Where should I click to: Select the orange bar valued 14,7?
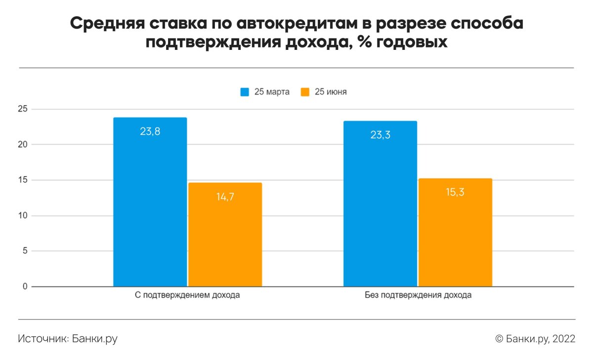225,235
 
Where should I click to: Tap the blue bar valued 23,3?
380,203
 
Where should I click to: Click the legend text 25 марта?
272,92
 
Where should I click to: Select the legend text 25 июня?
331,92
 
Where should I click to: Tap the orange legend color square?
305,92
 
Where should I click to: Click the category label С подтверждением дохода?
188,296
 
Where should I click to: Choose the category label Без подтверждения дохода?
418,296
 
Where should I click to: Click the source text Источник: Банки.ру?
68,339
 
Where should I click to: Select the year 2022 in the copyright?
564,339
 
